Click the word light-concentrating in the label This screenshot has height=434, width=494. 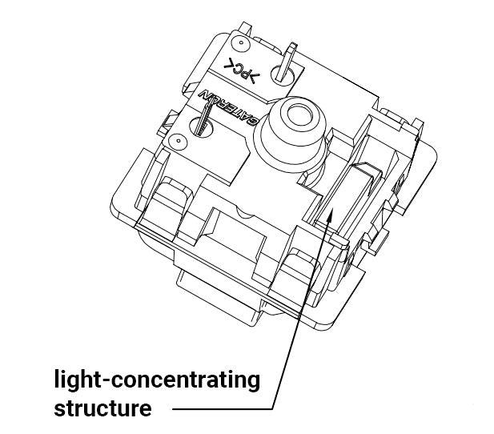(x=157, y=380)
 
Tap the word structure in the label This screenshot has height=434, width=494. (x=102, y=408)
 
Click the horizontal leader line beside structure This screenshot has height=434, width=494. (x=223, y=409)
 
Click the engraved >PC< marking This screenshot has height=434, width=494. (x=242, y=71)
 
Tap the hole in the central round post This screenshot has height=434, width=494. (x=299, y=115)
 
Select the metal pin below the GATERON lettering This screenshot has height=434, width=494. (x=203, y=120)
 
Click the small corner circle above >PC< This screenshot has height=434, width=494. (x=241, y=42)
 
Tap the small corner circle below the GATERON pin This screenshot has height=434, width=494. (x=179, y=140)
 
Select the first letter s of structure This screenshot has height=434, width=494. (x=60, y=409)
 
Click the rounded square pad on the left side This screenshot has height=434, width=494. (x=171, y=195)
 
